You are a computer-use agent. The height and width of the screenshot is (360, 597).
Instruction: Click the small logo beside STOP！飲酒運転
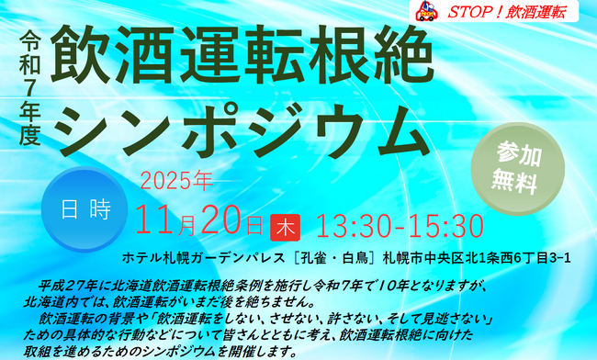pos(424,11)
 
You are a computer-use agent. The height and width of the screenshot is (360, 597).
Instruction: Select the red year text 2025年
pos(176,178)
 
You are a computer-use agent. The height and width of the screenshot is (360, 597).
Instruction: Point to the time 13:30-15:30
pos(400,225)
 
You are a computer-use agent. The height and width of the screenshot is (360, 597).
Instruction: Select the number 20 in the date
pos(220,221)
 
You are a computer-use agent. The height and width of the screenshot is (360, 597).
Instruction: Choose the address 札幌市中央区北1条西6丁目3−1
pos(476,256)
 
